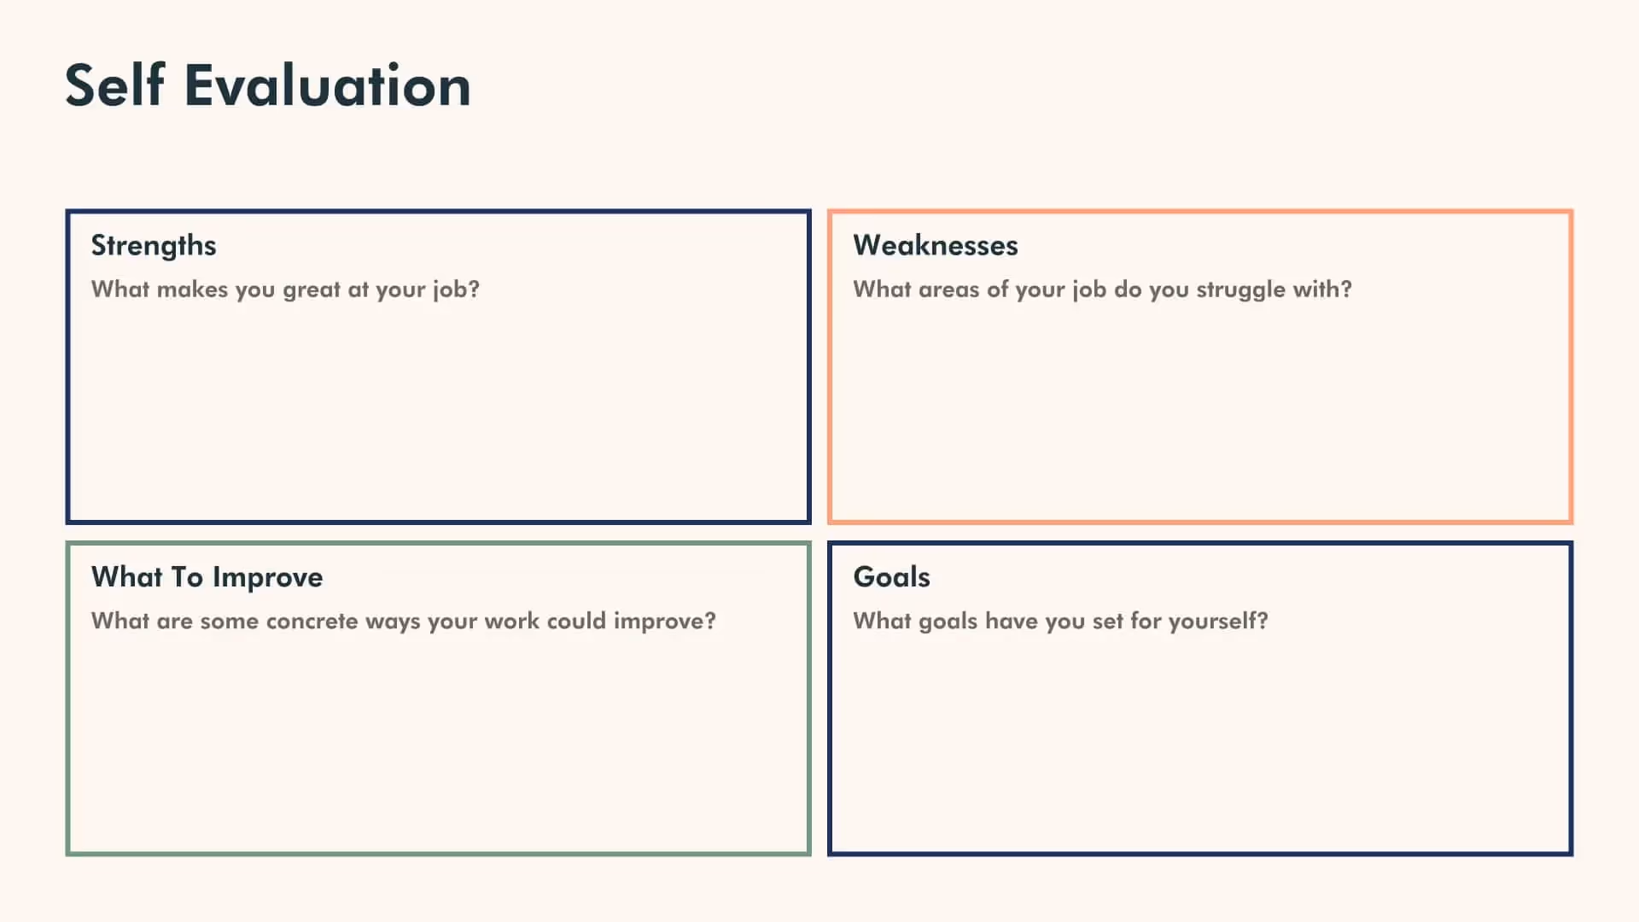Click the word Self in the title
[x=115, y=85]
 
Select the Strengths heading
[x=154, y=246]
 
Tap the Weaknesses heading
[x=936, y=246]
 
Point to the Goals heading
[x=891, y=577]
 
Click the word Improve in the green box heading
[x=268, y=578]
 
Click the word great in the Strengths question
[x=312, y=290]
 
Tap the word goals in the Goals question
[x=948, y=621]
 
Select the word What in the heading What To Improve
[x=126, y=577]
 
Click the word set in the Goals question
[x=1107, y=621]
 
